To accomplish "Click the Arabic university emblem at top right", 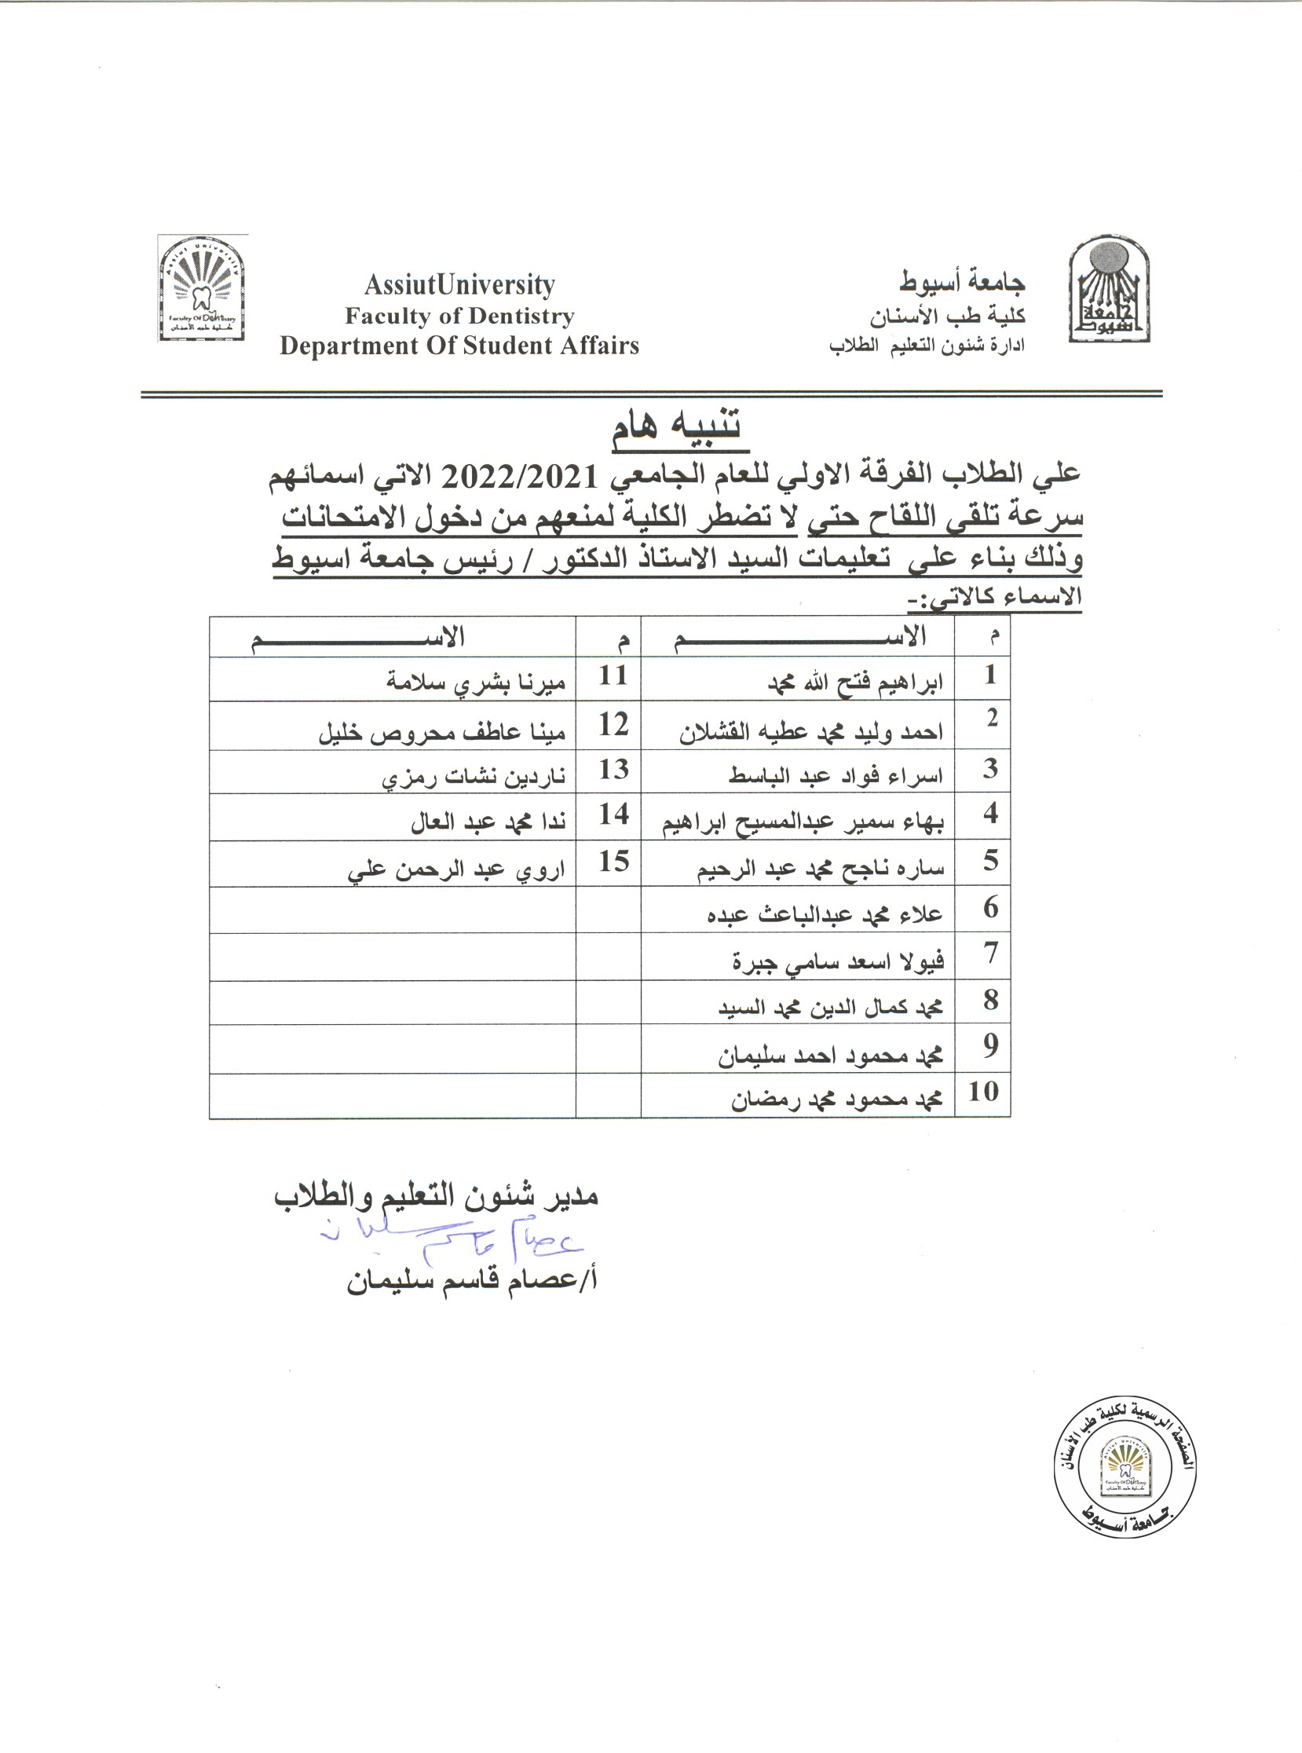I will (1108, 289).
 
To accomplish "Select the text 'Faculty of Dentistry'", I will (459, 316).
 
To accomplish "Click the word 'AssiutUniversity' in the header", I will (459, 284).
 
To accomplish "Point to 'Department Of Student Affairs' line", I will (459, 346).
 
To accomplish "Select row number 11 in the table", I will (613, 675).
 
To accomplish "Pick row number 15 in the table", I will (613, 862).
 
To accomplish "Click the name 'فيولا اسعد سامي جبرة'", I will (838, 961).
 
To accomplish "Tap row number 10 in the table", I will (983, 1092).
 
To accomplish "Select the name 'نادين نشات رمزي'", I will (474, 778).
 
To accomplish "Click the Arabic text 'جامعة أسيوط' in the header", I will (962, 281).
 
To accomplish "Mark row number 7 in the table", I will (991, 953).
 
